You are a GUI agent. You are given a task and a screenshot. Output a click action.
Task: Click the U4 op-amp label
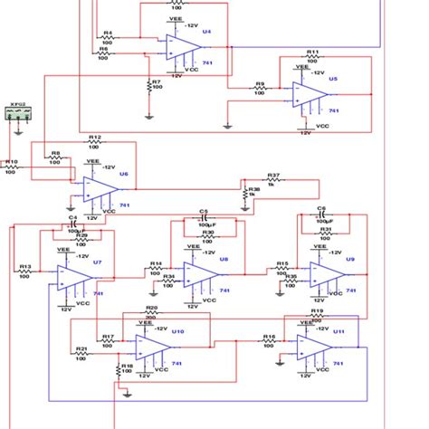pyautogui.click(x=206, y=31)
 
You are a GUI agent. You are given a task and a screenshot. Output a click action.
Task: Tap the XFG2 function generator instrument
pyautogui.click(x=20, y=112)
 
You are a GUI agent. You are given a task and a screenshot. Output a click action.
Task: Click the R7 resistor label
pyautogui.click(x=156, y=81)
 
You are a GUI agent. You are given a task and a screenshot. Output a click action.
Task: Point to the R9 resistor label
pyautogui.click(x=260, y=83)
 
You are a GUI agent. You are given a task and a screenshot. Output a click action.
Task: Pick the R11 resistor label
pyautogui.click(x=313, y=52)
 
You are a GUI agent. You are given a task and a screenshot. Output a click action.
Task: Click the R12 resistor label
pyautogui.click(x=95, y=137)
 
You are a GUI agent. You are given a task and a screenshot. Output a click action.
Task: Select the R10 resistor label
pyautogui.click(x=11, y=162)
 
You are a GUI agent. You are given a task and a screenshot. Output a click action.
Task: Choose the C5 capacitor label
pyautogui.click(x=204, y=210)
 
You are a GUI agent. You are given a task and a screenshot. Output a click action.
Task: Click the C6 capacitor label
pyautogui.click(x=321, y=208)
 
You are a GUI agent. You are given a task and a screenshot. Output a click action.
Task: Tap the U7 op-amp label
pyautogui.click(x=98, y=261)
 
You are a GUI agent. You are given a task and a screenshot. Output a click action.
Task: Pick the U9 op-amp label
pyautogui.click(x=350, y=260)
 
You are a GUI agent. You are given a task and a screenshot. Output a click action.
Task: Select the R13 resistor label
pyautogui.click(x=25, y=267)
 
